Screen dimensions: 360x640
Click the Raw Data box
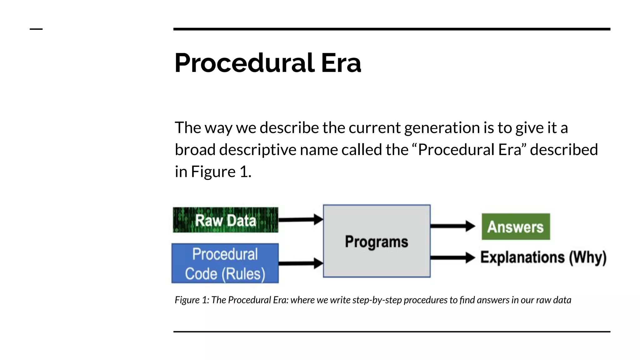click(x=225, y=220)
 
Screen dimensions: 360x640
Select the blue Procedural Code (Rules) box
click(x=225, y=263)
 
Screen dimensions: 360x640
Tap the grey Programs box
click(x=377, y=241)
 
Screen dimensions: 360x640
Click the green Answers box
click(x=516, y=227)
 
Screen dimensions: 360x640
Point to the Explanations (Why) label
click(x=543, y=257)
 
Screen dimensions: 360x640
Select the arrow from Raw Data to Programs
click(x=300, y=220)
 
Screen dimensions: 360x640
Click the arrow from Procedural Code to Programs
click(x=300, y=263)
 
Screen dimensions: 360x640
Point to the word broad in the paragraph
click(x=195, y=150)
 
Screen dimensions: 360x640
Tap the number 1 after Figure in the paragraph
click(x=244, y=172)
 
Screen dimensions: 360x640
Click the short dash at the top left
click(x=36, y=29)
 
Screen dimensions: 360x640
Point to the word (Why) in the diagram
click(x=587, y=258)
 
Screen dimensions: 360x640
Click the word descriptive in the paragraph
click(x=258, y=150)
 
